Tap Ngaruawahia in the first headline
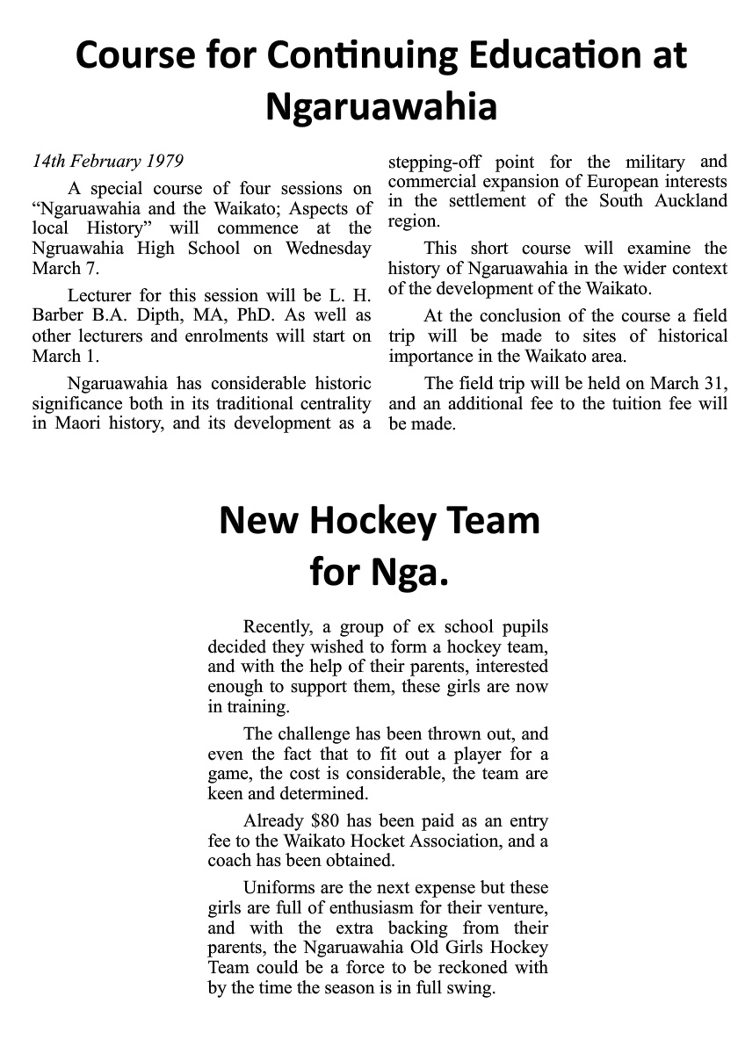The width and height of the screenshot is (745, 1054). (381, 106)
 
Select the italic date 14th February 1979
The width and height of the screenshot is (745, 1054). (107, 162)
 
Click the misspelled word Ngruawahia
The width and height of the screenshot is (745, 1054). (76, 248)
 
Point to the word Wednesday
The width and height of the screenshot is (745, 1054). (328, 248)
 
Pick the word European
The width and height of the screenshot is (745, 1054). (627, 181)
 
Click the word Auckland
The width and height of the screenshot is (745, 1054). (693, 201)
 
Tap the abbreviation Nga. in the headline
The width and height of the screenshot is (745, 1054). (411, 573)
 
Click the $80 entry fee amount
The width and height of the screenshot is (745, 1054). (329, 821)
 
